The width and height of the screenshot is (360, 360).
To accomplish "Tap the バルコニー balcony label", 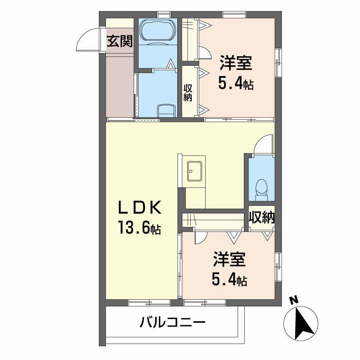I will click(x=172, y=323).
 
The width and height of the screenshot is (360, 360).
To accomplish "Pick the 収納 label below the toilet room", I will click(x=262, y=217).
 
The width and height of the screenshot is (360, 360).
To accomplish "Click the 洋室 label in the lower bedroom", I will click(x=229, y=261).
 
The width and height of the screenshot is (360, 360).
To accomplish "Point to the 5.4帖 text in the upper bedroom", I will click(x=235, y=83).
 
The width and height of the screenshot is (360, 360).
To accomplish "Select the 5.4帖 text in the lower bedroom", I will click(x=229, y=281).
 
